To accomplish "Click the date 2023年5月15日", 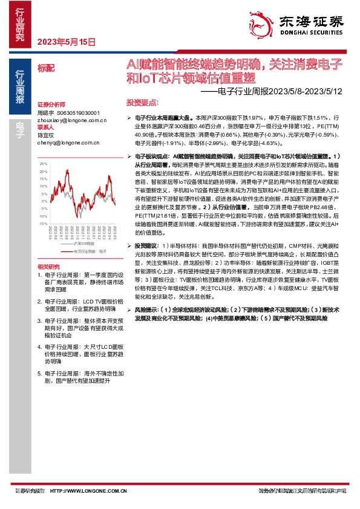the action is [x=67, y=42].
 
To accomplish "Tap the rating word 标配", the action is [x=46, y=68].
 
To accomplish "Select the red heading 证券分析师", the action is [x=50, y=105].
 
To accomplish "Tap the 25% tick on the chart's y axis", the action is [x=42, y=164].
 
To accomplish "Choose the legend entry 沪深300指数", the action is [x=84, y=242].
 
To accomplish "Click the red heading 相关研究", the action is [x=50, y=267].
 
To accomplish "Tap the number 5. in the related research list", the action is [x=39, y=374].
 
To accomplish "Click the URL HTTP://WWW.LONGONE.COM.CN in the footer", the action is [x=88, y=491].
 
